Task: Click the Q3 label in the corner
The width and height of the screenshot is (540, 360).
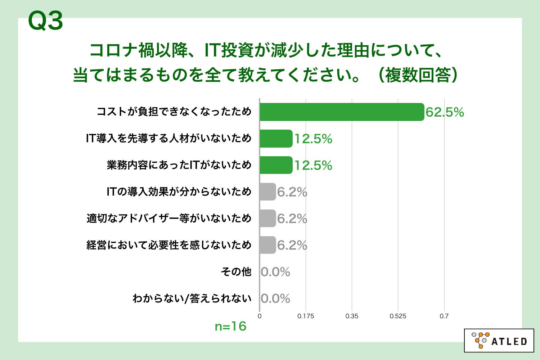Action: (45, 21)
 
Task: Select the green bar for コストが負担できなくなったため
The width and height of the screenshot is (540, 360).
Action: (342, 112)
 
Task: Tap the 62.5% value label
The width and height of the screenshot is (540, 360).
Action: (445, 112)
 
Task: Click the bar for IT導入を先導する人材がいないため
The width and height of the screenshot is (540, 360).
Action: (276, 139)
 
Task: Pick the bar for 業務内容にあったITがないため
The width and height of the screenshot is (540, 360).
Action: (276, 165)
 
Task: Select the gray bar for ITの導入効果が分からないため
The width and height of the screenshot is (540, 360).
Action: (267, 192)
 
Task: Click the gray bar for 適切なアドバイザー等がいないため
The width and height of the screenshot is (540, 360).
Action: (267, 219)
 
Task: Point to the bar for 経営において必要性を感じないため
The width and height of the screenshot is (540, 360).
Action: (267, 245)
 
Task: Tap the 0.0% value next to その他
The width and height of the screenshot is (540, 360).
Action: (275, 272)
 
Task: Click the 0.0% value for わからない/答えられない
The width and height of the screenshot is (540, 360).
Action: (275, 298)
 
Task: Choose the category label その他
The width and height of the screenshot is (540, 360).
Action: (236, 271)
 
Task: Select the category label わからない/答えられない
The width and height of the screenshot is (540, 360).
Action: (192, 298)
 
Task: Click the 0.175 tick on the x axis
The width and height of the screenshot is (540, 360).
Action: (306, 316)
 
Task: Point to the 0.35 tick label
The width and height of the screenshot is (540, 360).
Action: (352, 316)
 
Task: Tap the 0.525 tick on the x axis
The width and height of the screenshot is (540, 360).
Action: (398, 316)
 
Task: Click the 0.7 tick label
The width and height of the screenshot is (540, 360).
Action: (444, 316)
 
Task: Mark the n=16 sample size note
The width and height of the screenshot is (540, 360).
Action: (230, 327)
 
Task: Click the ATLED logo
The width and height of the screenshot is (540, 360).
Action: (499, 340)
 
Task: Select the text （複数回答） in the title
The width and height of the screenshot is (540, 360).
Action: (418, 75)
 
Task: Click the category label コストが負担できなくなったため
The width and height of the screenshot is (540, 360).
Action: (174, 112)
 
